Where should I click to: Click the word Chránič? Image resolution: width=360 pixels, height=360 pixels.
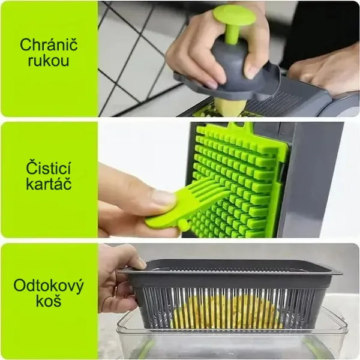[49, 44]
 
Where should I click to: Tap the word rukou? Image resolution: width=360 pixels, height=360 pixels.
[49, 61]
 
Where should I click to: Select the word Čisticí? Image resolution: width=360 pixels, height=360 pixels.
[49, 168]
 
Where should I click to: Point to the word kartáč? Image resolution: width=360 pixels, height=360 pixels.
[49, 184]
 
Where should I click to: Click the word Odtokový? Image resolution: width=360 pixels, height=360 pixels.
[49, 286]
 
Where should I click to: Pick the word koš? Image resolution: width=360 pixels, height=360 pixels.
[49, 301]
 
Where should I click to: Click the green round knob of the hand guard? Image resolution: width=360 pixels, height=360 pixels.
[235, 14]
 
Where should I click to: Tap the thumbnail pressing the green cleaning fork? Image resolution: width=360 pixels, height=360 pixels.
[163, 197]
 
